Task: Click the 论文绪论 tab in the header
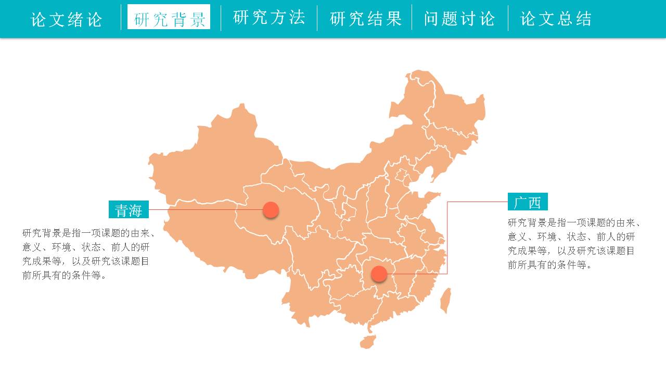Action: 67,19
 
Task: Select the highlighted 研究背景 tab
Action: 169,19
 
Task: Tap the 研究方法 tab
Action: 269,18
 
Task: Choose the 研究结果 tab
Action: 366,19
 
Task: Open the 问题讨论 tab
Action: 459,19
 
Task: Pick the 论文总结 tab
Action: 556,19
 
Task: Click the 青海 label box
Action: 129,209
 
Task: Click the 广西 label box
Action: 528,202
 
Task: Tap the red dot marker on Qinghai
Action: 271,210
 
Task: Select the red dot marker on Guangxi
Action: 379,273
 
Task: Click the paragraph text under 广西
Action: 572,243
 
